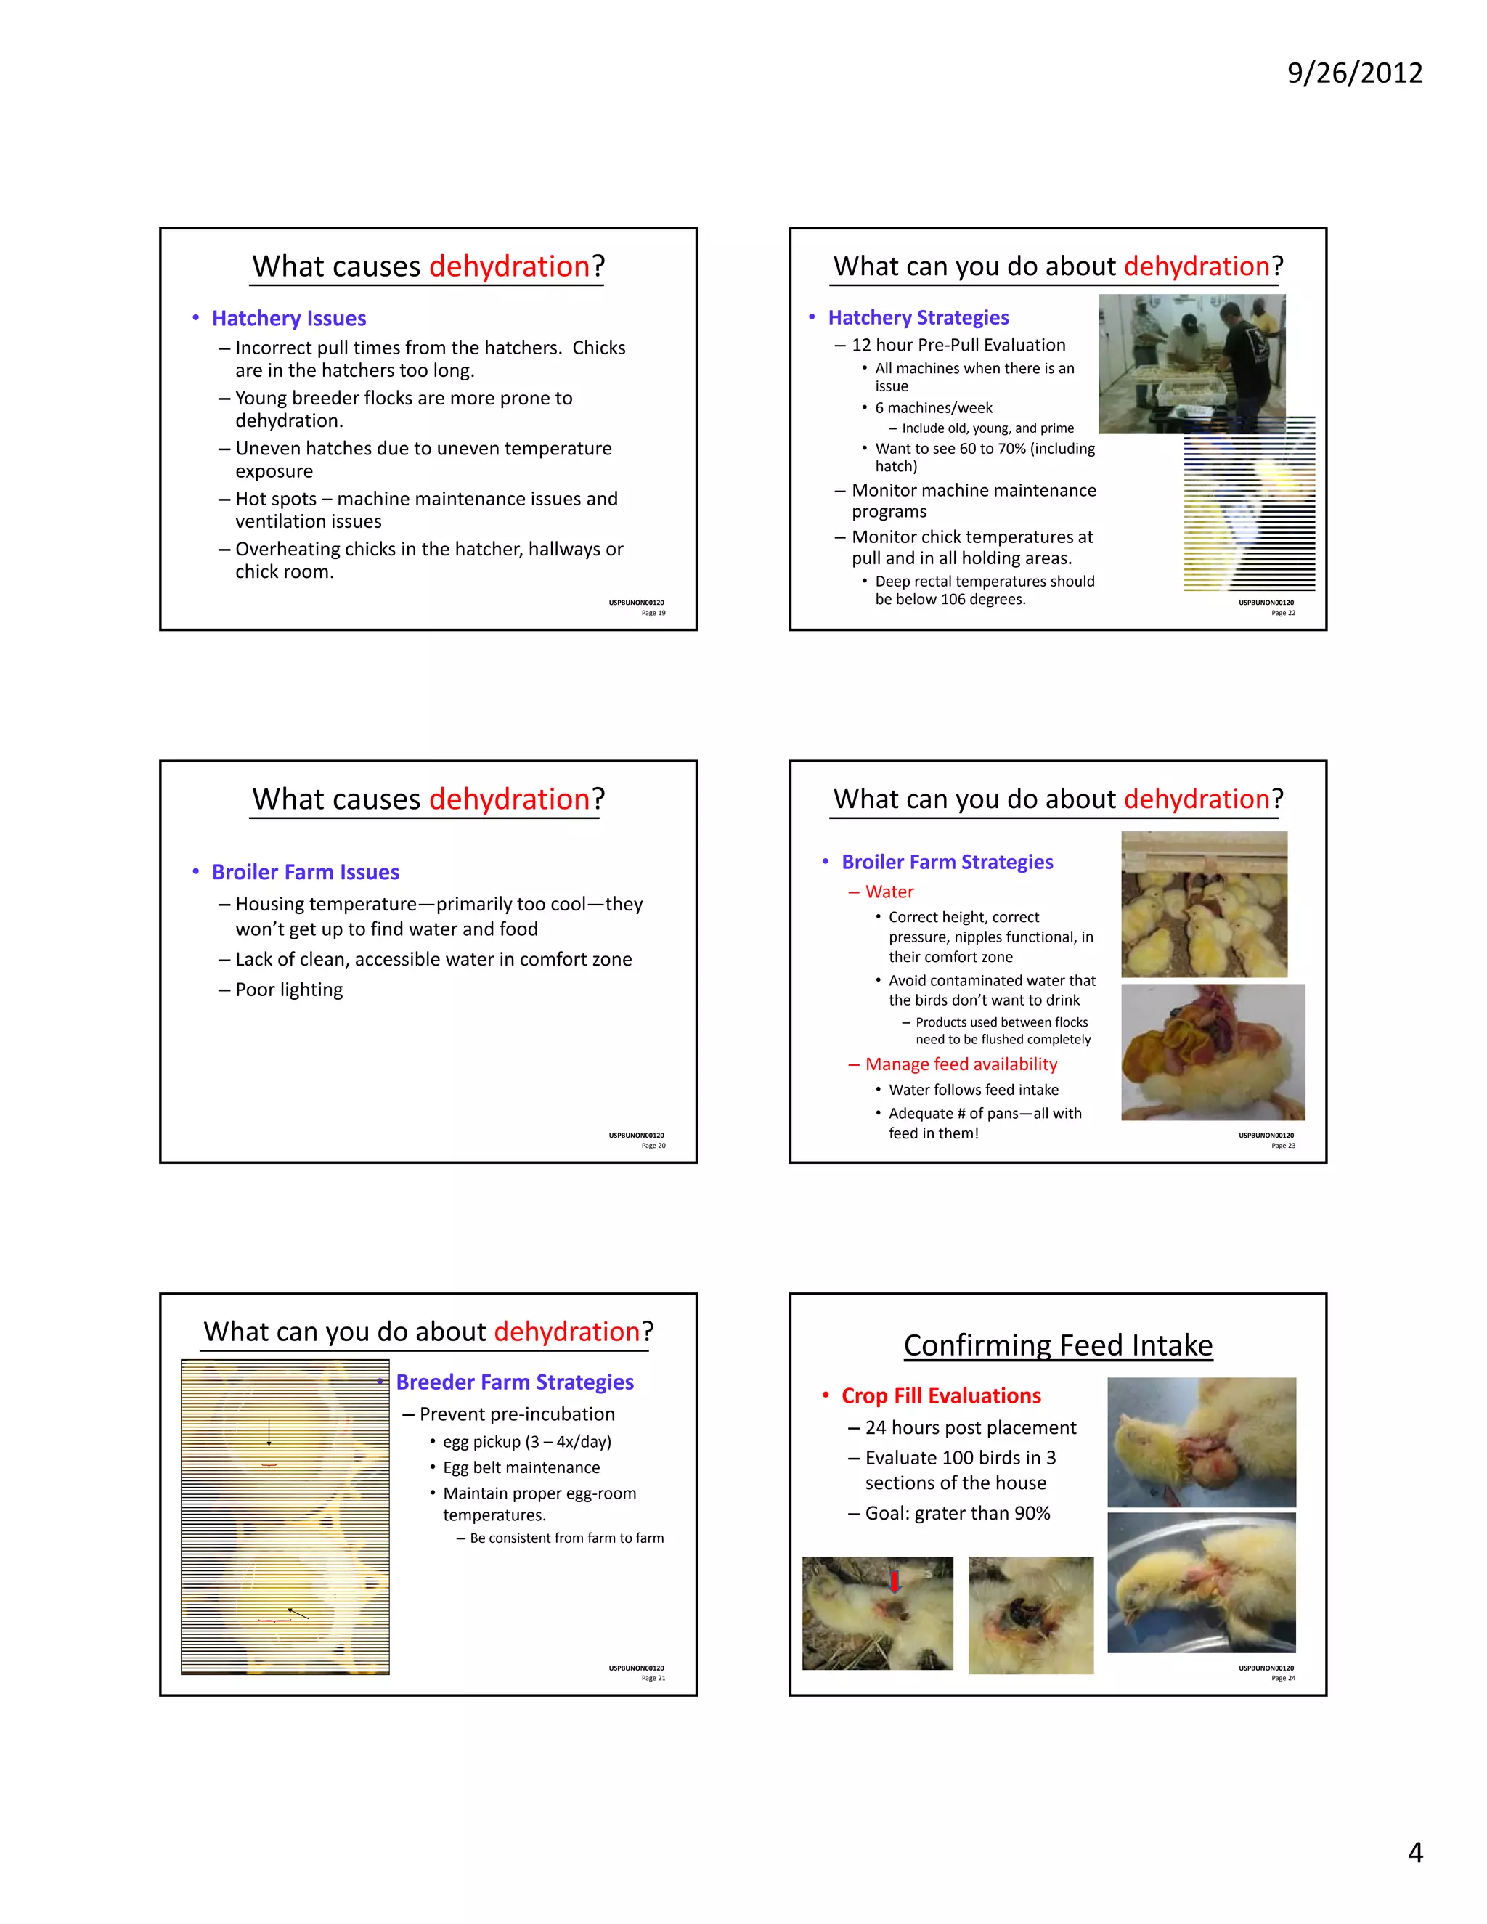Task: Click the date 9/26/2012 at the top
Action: [1354, 72]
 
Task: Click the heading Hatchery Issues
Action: [288, 318]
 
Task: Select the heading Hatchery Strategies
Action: [918, 317]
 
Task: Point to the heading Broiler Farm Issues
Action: [305, 872]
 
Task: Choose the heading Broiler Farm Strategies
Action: [947, 862]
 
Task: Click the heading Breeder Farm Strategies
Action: [515, 1382]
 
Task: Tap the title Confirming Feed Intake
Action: [1058, 1345]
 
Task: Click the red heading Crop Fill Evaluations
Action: [941, 1395]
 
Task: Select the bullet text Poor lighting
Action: [289, 990]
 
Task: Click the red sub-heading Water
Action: [889, 892]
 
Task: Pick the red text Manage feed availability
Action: [961, 1064]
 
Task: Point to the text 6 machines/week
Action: [934, 408]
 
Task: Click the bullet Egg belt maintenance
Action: [521, 1467]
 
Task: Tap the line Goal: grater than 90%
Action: [958, 1514]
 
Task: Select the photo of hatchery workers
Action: [1191, 363]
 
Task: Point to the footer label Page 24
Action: [1283, 1678]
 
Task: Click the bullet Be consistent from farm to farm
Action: [566, 1538]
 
